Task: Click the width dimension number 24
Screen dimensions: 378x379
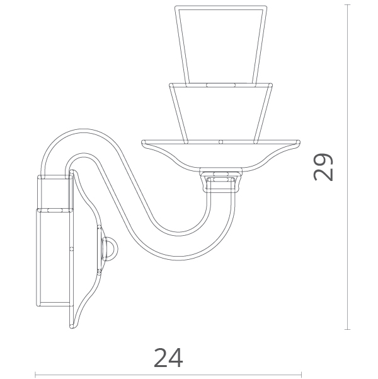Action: tap(168, 358)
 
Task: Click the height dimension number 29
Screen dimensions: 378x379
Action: tap(323, 167)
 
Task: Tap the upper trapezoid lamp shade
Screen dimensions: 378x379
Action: tap(220, 45)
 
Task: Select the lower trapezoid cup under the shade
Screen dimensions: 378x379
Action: tap(220, 113)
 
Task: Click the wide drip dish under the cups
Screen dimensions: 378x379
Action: tap(220, 155)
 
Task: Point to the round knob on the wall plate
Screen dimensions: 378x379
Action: tap(111, 249)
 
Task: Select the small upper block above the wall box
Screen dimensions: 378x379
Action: tap(55, 192)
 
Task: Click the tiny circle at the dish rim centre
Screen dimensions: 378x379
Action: tap(220, 142)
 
